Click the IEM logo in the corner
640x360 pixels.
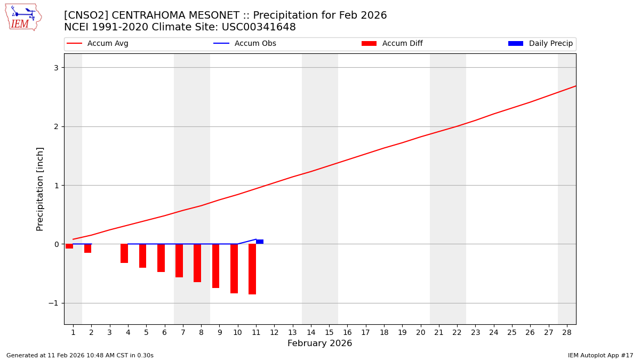click(x=23, y=17)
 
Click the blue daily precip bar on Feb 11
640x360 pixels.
click(x=260, y=242)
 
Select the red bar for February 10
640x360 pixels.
click(x=234, y=268)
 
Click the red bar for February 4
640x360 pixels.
click(x=124, y=253)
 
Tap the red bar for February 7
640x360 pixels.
click(x=179, y=260)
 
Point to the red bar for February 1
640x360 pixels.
click(x=69, y=246)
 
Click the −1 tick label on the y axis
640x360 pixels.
click(x=55, y=303)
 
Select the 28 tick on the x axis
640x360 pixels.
click(x=567, y=332)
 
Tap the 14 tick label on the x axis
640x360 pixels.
click(x=311, y=332)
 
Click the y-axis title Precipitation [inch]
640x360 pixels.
click(x=40, y=189)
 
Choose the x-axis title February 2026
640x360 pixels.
click(x=319, y=343)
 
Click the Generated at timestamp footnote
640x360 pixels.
click(x=80, y=355)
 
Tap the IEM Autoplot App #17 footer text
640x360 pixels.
click(x=600, y=355)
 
